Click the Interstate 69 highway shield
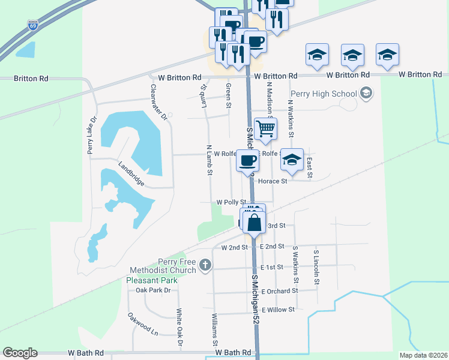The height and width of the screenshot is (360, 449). pyautogui.click(x=34, y=25)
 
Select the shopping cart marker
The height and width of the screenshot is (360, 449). pyautogui.click(x=265, y=128)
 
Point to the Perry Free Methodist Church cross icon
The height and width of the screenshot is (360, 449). pyautogui.click(x=205, y=265)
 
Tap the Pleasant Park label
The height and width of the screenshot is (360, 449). pyautogui.click(x=152, y=280)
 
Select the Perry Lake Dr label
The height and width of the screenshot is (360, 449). pyautogui.click(x=92, y=135)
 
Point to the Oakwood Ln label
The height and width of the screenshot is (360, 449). pyautogui.click(x=142, y=323)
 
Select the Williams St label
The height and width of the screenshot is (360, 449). pyautogui.click(x=214, y=329)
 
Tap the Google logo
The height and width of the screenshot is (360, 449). pyautogui.click(x=20, y=353)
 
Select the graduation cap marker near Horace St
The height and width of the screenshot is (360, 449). pyautogui.click(x=292, y=160)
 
